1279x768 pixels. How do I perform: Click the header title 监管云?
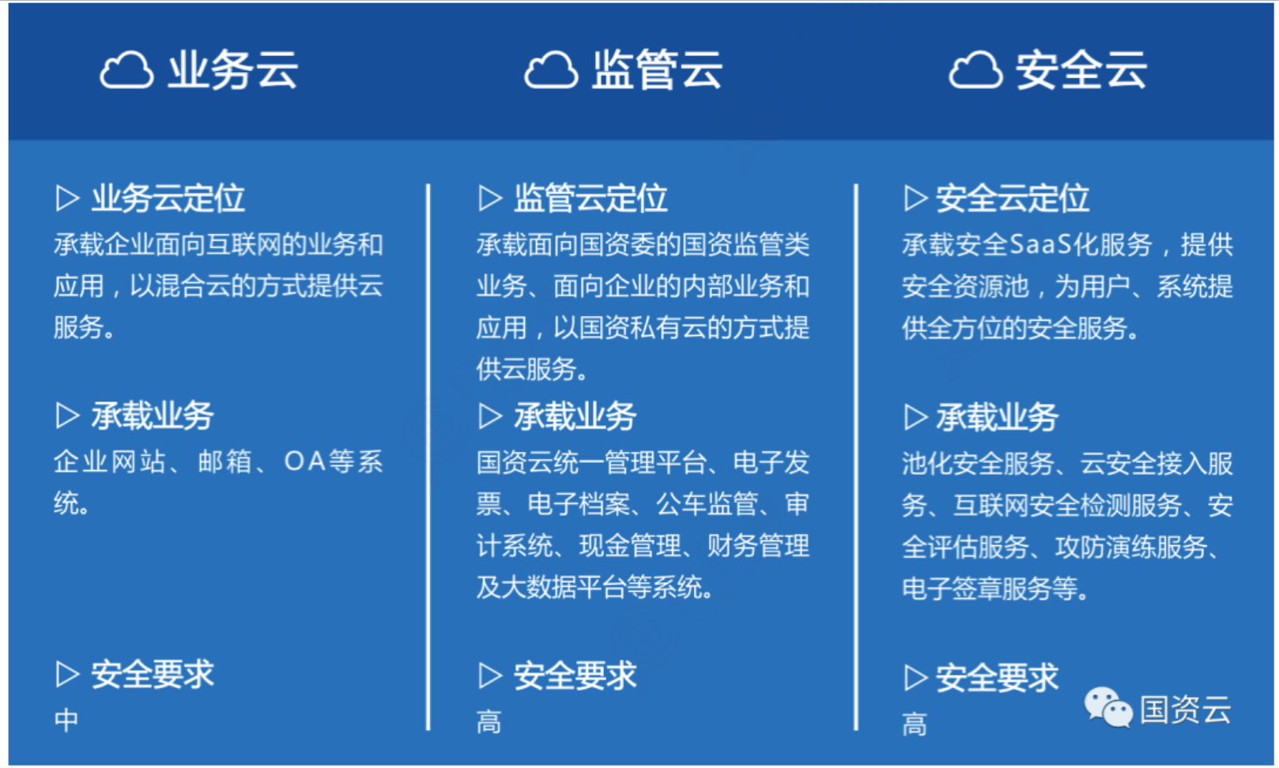[657, 70]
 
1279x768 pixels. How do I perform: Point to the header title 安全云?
[1081, 70]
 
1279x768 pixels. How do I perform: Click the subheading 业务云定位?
[168, 198]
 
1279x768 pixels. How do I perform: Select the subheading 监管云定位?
[590, 198]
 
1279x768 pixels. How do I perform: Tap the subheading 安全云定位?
[1013, 198]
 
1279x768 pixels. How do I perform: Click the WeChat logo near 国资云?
[1108, 707]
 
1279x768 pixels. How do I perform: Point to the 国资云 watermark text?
[1186, 710]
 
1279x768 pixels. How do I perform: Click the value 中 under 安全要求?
[66, 720]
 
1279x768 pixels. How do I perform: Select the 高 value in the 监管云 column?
[489, 722]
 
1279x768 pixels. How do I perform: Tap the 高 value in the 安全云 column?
[914, 725]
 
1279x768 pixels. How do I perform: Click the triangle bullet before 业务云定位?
[67, 198]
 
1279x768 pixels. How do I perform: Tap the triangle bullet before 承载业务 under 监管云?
[489, 416]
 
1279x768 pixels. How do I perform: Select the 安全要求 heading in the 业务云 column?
[153, 675]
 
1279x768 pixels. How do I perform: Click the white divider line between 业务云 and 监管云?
[428, 457]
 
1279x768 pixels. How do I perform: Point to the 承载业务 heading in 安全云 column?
[997, 417]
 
